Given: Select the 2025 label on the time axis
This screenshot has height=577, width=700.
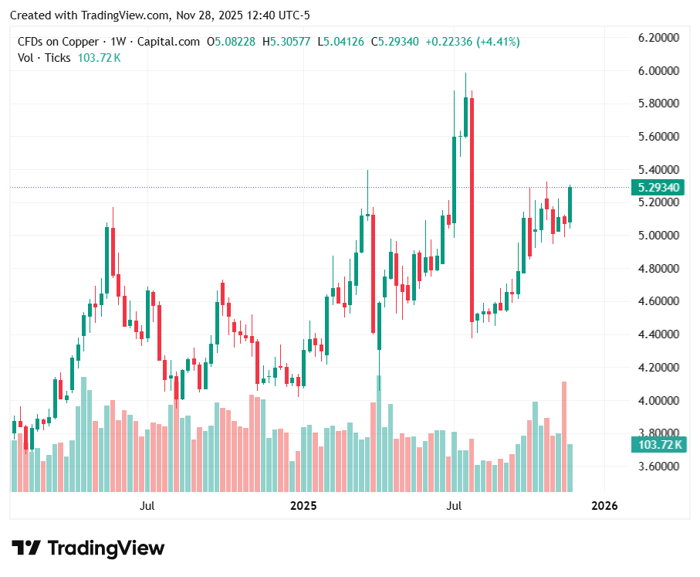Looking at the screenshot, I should pos(303,506).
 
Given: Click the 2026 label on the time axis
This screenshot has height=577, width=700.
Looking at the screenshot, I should pos(604,506).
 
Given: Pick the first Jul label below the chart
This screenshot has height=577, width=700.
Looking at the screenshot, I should pos(147,506).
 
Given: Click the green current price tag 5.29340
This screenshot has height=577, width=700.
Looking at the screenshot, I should pos(658,188).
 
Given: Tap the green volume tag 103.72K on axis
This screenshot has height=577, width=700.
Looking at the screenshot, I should pos(658,444).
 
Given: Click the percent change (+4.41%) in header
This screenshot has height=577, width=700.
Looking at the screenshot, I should pos(496,41).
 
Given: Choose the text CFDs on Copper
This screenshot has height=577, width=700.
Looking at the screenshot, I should pos(58,41).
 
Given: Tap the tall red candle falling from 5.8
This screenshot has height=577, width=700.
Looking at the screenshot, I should pos(472,209).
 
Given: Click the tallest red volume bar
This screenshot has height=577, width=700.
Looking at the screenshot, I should pos(564,436).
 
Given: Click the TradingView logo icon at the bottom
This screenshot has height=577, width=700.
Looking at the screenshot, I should pos(27,548).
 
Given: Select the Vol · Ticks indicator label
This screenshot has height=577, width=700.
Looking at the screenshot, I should pos(44,57).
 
